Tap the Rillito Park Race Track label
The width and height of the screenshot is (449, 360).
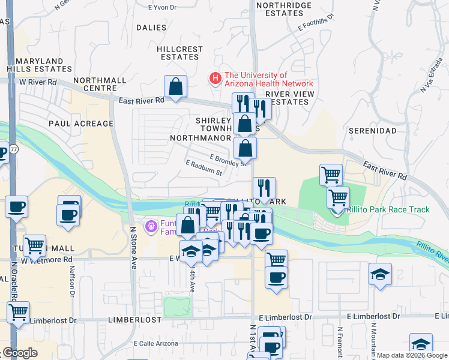coord(388,209)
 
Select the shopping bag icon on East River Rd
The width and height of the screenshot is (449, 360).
coord(175,87)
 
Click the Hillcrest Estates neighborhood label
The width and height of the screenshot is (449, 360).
coord(178,53)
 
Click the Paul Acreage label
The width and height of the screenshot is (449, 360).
coord(81,124)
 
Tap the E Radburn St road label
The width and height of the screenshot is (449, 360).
coord(204,168)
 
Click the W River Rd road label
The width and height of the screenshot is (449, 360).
coord(38,82)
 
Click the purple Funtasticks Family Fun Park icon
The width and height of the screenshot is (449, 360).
coord(151,227)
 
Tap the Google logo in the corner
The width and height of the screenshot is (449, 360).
coord(20,352)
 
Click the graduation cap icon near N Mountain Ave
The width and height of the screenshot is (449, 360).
coord(381,274)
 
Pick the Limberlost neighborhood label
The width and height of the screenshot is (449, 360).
coord(135,320)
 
